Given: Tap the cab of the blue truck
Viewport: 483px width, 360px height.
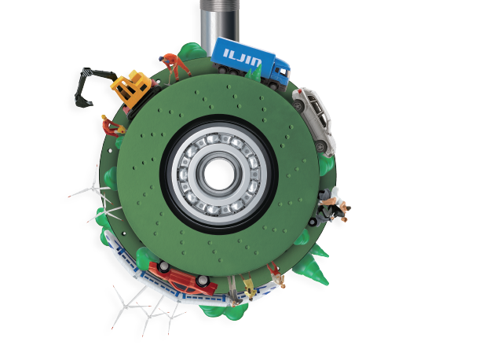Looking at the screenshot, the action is tap(280, 72).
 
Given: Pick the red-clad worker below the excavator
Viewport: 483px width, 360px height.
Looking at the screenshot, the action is tap(112, 126).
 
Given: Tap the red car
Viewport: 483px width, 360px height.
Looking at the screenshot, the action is tap(182, 277).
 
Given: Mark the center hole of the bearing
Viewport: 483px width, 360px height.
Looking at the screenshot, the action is tap(219, 174).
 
